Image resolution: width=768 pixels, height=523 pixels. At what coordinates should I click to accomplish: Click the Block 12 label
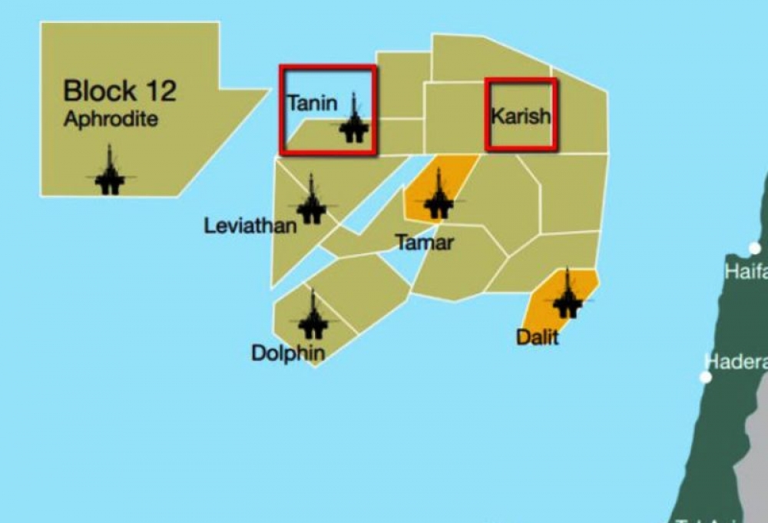pyautogui.click(x=119, y=91)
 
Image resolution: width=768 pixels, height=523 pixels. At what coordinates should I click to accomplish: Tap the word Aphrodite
pyautogui.click(x=111, y=119)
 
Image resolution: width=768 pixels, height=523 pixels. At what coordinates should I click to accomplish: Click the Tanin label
pyautogui.click(x=311, y=103)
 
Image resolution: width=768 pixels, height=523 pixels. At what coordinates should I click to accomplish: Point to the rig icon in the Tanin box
pyautogui.click(x=353, y=121)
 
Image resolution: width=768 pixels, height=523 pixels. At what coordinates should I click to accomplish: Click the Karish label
pyautogui.click(x=520, y=117)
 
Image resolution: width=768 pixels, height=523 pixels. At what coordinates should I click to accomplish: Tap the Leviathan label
pyautogui.click(x=250, y=226)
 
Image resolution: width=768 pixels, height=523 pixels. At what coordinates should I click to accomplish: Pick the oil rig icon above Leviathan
pyautogui.click(x=311, y=200)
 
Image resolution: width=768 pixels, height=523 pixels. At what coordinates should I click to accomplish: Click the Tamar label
pyautogui.click(x=425, y=243)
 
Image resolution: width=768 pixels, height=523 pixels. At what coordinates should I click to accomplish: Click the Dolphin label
pyautogui.click(x=288, y=353)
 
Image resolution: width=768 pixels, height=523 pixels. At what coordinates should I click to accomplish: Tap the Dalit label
pyautogui.click(x=537, y=336)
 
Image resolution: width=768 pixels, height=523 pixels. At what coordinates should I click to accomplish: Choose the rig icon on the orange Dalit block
pyautogui.click(x=568, y=295)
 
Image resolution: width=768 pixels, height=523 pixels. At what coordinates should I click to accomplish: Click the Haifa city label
pyautogui.click(x=746, y=272)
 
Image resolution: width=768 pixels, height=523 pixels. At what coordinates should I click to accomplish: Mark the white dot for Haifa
pyautogui.click(x=755, y=248)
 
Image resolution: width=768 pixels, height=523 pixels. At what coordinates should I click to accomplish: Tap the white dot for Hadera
pyautogui.click(x=705, y=377)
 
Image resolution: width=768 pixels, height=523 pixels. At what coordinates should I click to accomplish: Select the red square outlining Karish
pyautogui.click(x=521, y=80)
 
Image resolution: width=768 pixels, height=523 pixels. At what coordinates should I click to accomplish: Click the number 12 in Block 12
pyautogui.click(x=159, y=91)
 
